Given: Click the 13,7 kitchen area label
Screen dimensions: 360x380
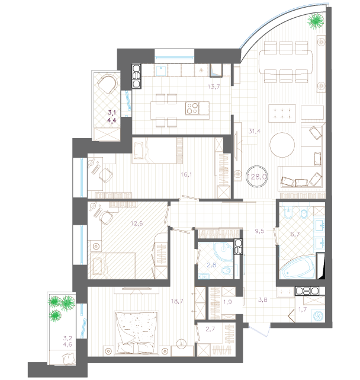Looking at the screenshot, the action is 214,87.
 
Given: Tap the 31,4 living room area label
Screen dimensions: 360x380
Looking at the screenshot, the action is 255,132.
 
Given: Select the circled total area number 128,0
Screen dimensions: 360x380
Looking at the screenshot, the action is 257,177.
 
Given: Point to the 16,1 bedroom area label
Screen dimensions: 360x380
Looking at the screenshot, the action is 187,174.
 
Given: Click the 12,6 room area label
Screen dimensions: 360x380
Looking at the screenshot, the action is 137,223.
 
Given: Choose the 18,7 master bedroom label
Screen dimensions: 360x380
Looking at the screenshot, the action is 177,301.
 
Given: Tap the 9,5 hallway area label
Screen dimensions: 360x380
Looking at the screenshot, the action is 259,231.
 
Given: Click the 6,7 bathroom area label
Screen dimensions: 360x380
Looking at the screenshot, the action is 295,234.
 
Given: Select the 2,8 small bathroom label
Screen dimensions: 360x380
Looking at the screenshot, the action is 211,265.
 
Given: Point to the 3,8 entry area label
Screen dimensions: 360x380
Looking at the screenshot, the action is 263,300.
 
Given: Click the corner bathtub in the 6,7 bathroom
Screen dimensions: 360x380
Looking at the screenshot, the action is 297,267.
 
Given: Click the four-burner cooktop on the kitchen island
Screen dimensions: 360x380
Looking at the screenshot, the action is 192,108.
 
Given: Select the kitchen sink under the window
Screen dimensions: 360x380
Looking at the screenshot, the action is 160,71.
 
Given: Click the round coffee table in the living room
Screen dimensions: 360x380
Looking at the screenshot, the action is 282,145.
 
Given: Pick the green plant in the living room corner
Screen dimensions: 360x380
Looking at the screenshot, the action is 316,21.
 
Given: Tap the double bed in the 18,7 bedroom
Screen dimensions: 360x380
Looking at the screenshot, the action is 137,332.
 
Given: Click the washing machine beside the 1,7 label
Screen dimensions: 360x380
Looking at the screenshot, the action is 318,315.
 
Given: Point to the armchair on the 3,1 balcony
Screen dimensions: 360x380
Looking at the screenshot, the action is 108,84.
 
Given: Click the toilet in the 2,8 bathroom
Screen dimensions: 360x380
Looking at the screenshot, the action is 227,270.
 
